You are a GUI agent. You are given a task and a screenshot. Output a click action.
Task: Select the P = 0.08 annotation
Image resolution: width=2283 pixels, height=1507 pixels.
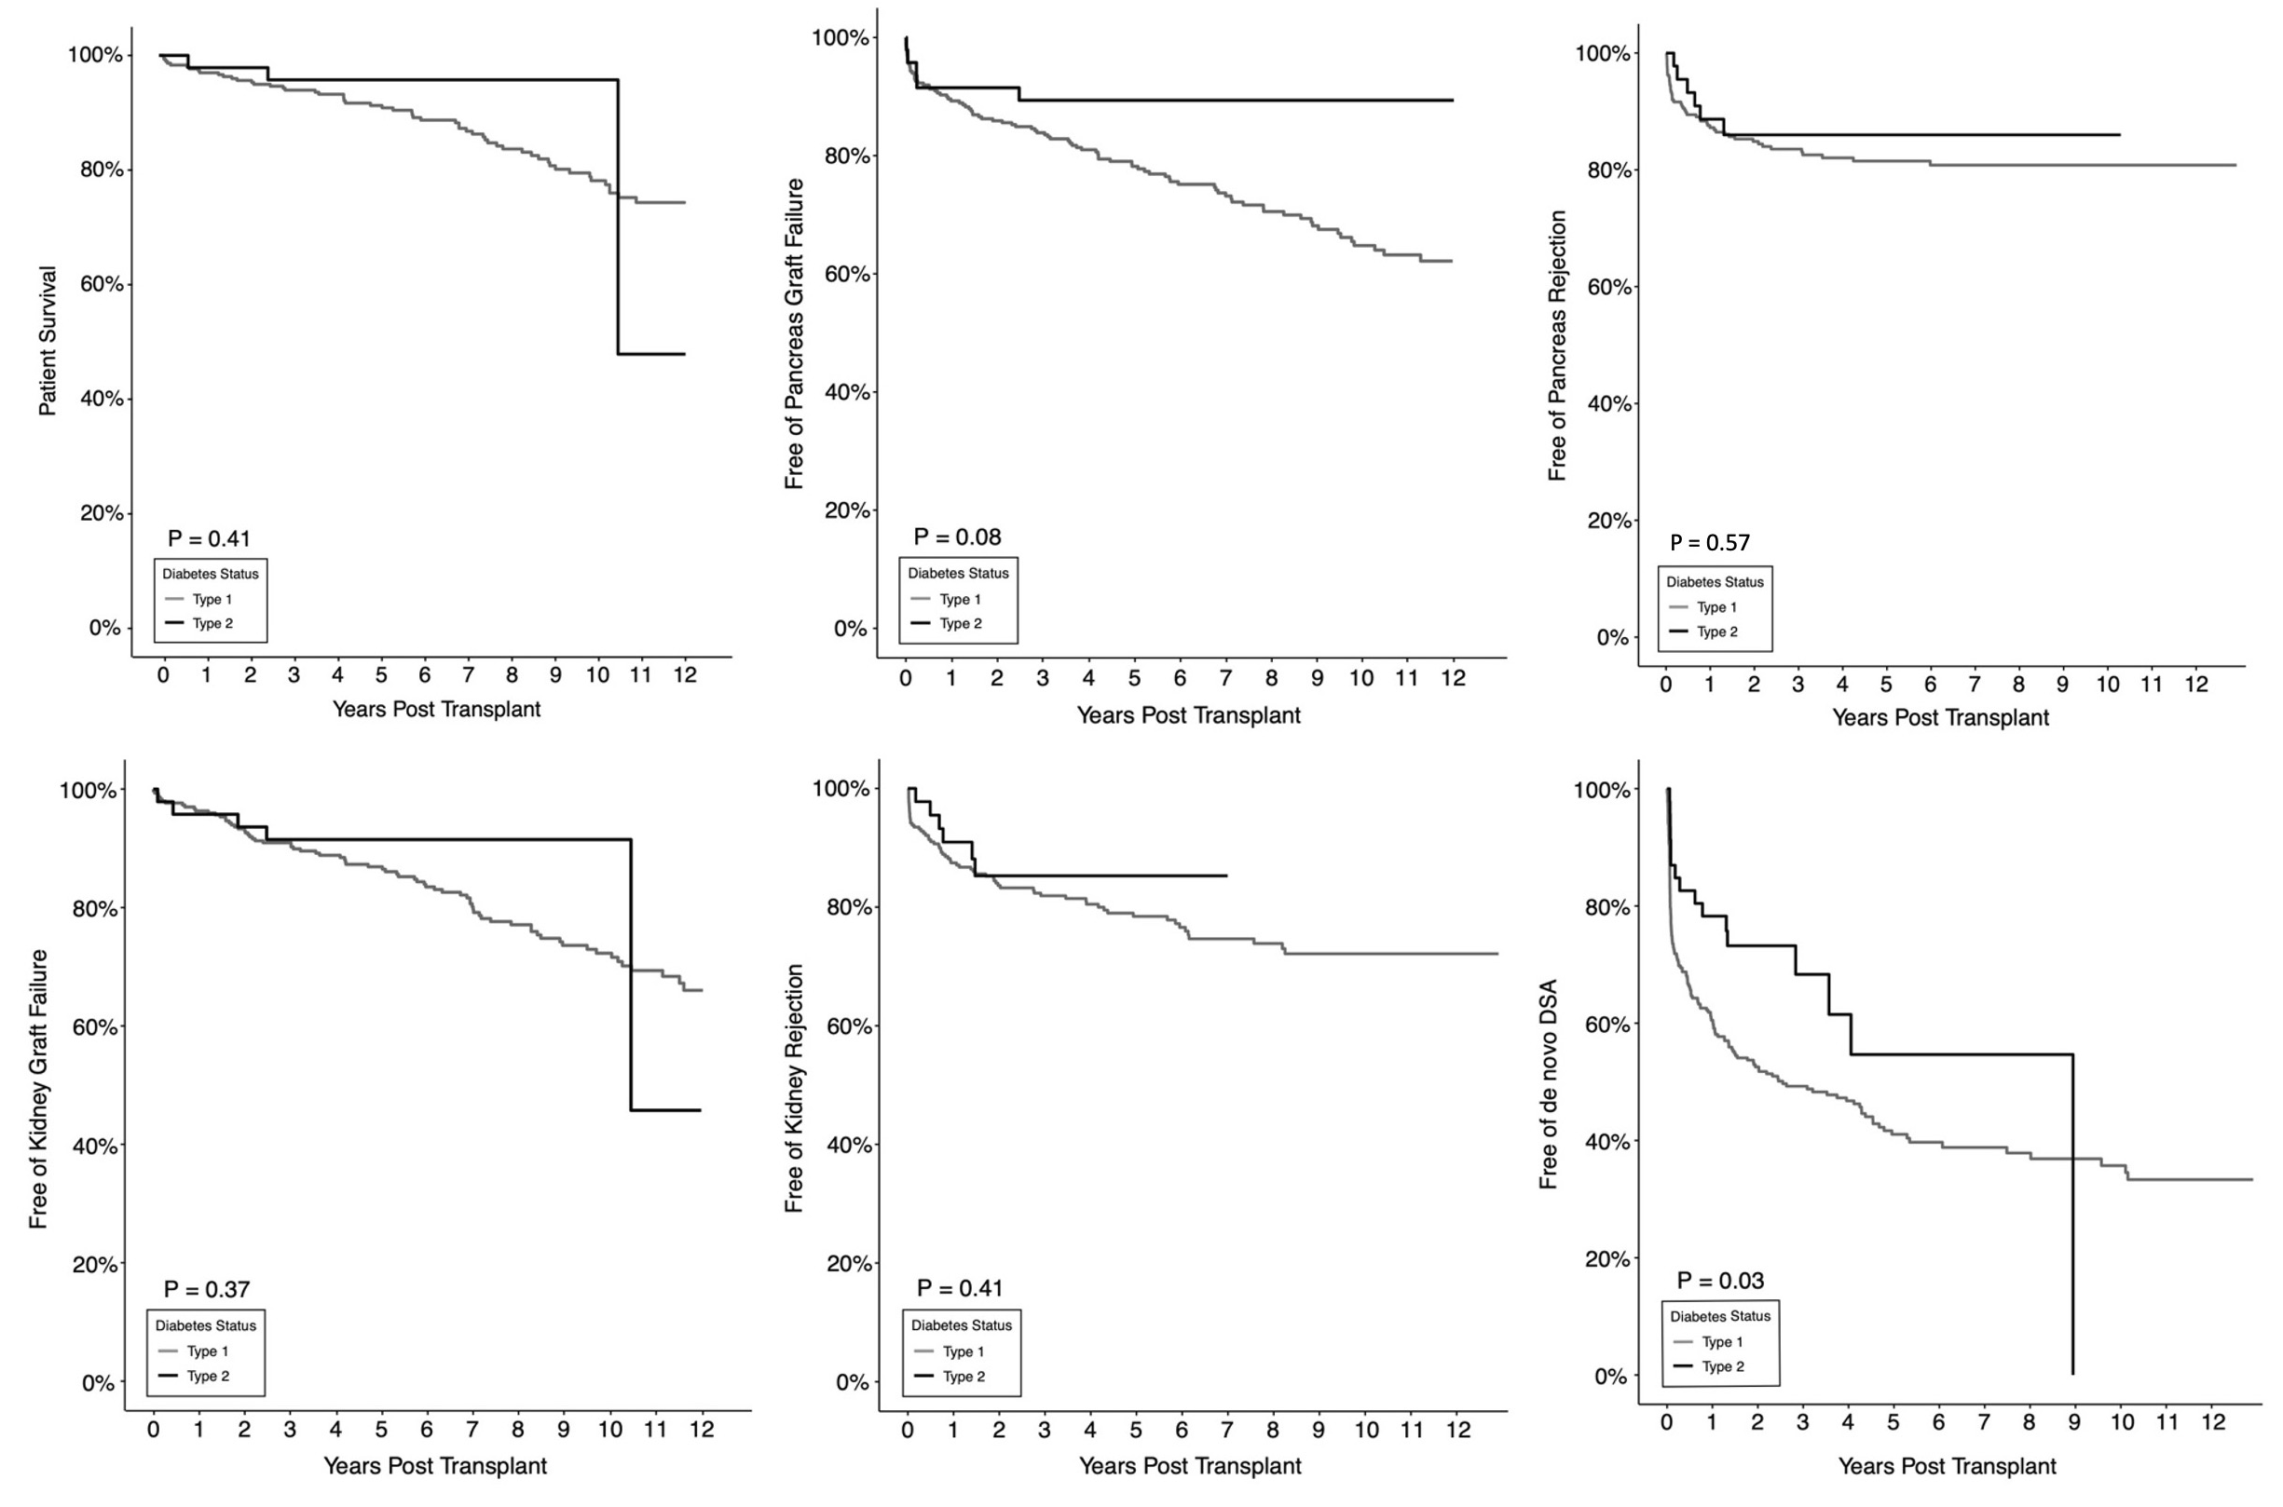click(956, 536)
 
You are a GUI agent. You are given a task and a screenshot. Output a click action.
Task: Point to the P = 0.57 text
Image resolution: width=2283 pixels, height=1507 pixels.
click(1709, 542)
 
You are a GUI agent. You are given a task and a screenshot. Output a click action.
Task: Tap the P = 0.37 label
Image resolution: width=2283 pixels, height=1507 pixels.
click(207, 1289)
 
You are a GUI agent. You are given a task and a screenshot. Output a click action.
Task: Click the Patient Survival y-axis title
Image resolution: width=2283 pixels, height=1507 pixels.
click(48, 341)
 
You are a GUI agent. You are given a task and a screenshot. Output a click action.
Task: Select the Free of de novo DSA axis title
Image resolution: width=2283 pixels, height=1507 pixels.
click(1548, 1084)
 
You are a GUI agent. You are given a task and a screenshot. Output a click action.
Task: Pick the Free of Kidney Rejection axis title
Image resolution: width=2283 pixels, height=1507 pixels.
click(794, 1089)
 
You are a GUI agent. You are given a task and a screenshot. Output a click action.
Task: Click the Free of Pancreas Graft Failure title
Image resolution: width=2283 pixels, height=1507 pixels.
click(794, 333)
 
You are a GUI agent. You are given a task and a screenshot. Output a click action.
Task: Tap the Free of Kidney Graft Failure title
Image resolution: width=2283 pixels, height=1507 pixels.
click(38, 1089)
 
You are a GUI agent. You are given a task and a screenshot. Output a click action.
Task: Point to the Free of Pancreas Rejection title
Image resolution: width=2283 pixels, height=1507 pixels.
click(1557, 346)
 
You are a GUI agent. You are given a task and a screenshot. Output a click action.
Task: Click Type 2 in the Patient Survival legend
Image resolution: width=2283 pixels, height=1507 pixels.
click(212, 624)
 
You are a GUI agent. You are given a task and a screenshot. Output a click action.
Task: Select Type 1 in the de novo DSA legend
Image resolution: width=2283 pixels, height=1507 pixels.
click(1722, 1342)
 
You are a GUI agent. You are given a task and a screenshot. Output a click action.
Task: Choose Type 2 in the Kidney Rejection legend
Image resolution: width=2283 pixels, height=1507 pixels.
click(964, 1377)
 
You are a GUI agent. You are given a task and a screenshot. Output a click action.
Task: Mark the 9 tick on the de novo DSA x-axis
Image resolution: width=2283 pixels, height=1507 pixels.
click(2074, 1423)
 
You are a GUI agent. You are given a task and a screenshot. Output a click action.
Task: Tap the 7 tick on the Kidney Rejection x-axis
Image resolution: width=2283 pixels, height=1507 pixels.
click(1226, 1430)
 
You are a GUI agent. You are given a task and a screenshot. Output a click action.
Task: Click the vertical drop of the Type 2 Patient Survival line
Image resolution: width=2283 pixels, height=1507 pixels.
click(617, 216)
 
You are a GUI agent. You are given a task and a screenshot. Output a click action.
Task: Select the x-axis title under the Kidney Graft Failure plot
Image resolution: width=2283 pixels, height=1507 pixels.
click(434, 1466)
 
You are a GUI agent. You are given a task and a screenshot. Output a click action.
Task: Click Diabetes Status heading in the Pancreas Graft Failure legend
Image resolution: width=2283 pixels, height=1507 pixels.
click(958, 573)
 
